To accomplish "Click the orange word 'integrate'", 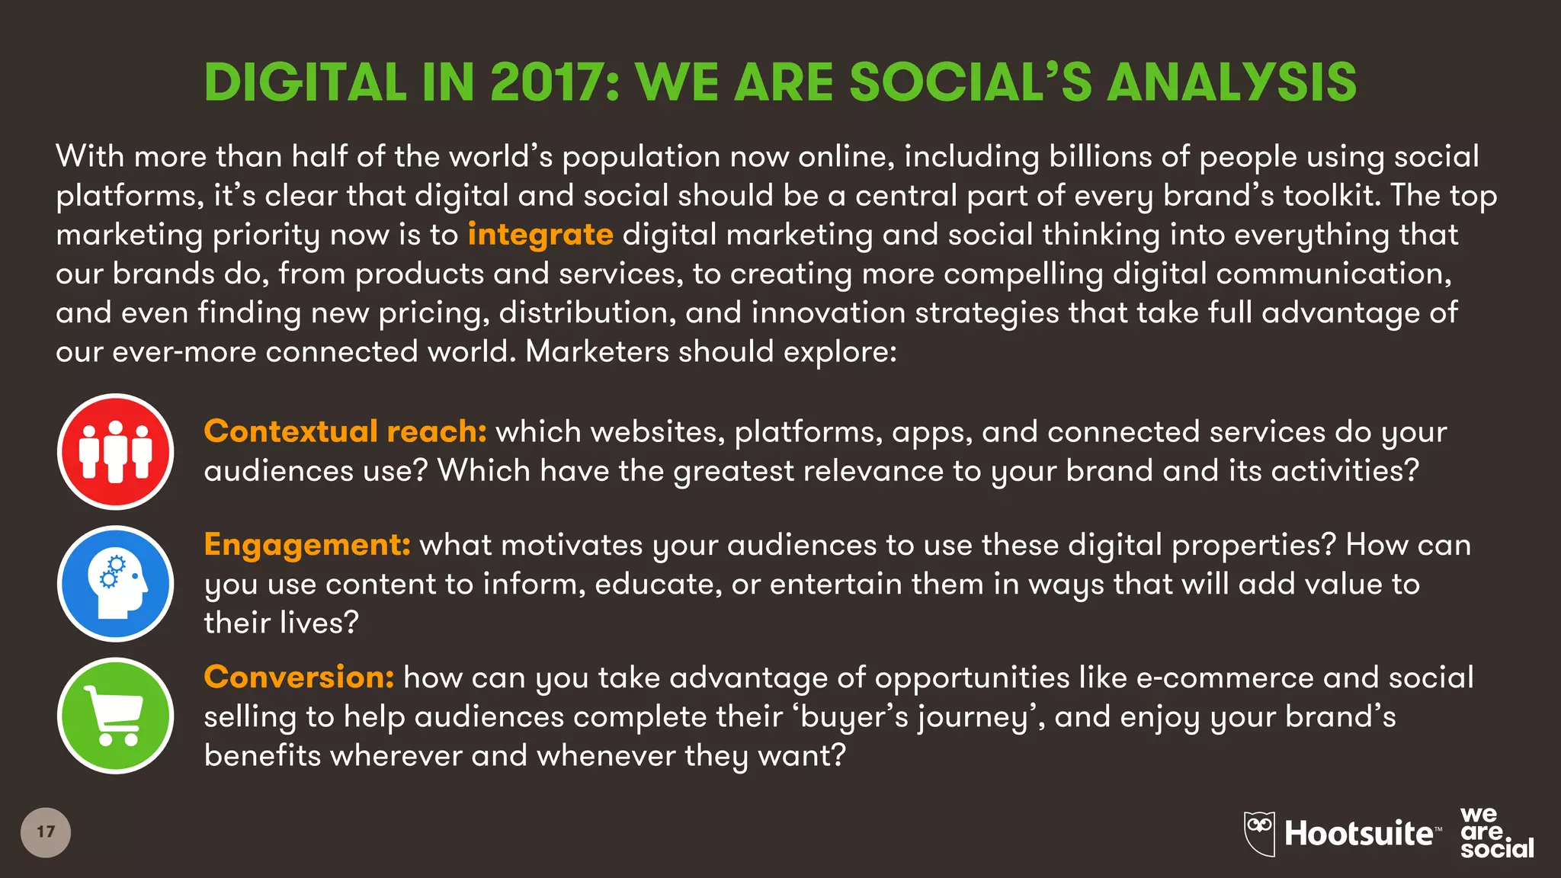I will tap(540, 235).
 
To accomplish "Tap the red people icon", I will tap(116, 452).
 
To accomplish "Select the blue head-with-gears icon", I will tap(116, 584).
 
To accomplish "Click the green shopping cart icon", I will tap(116, 716).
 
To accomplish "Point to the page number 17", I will tap(46, 832).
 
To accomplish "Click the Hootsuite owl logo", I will tap(1259, 833).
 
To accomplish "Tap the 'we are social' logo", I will tap(1495, 833).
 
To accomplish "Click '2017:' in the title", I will tap(555, 82).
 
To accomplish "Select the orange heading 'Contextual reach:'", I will tap(345, 431).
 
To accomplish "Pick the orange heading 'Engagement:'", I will tap(307, 545).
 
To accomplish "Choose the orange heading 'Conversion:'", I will tap(299, 677).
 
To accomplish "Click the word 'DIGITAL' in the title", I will tap(306, 82).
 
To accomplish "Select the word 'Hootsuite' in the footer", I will tap(1358, 834).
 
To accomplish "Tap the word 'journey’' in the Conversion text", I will tap(980, 718).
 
